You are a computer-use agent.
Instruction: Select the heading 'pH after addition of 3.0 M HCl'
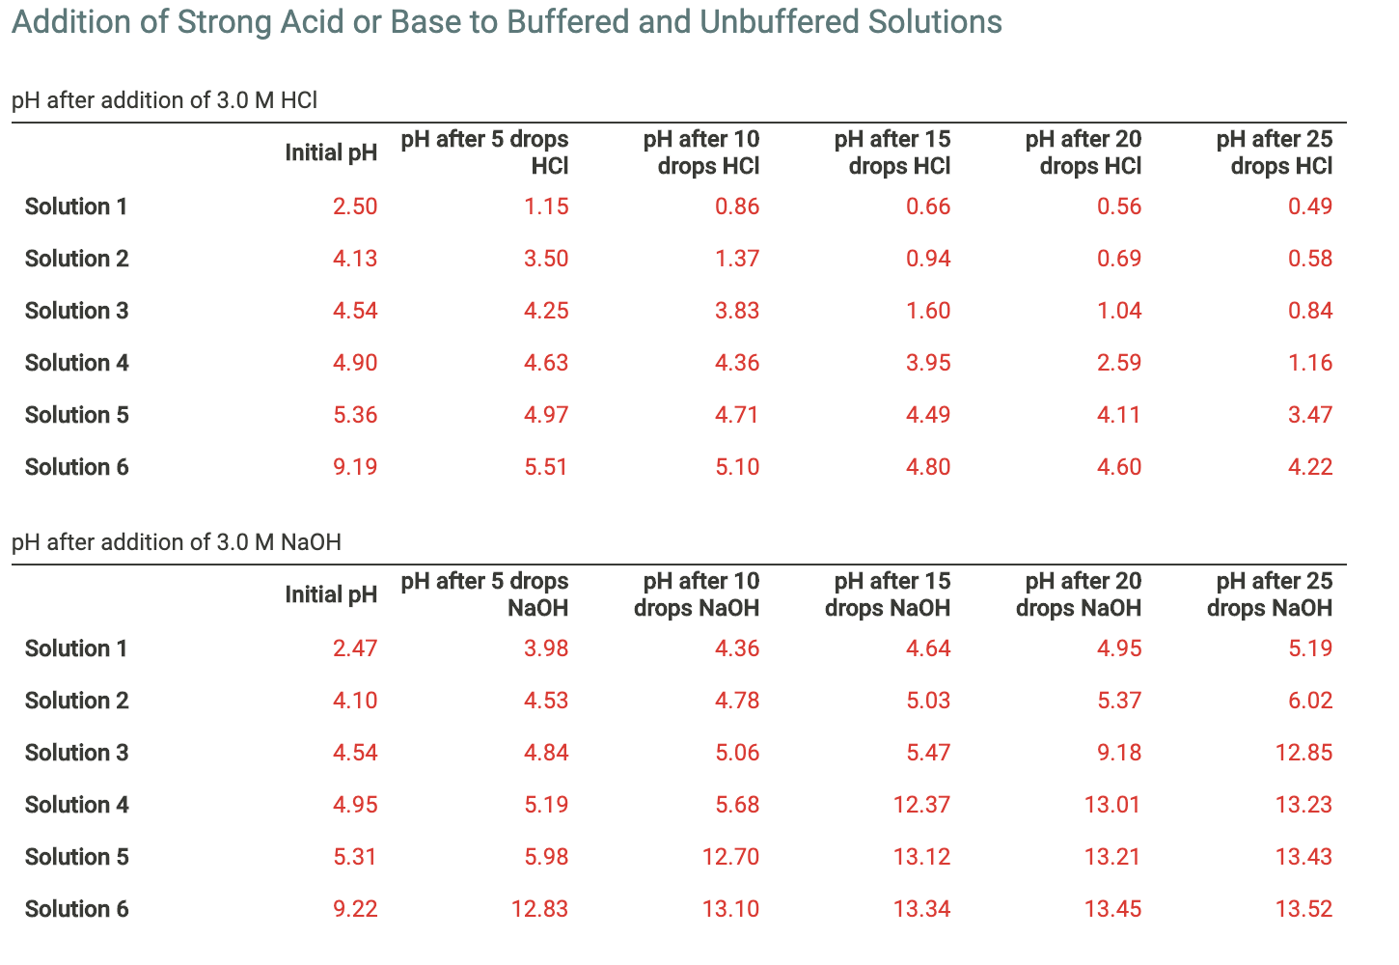click(x=165, y=100)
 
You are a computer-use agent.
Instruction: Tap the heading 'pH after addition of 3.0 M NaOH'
click(x=177, y=542)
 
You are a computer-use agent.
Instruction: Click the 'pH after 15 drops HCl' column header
click(x=892, y=152)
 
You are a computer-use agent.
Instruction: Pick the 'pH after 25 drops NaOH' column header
click(x=1271, y=594)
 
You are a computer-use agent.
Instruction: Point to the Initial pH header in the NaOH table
click(x=331, y=594)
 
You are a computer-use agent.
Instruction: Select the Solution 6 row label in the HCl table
click(x=76, y=467)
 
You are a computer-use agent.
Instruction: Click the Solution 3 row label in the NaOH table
click(x=76, y=753)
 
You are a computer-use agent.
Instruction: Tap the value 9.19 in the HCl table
click(x=355, y=467)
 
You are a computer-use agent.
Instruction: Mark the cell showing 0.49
click(x=1310, y=207)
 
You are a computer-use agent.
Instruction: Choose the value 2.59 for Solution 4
click(x=1119, y=363)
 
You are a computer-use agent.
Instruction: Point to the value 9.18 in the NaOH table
click(x=1119, y=753)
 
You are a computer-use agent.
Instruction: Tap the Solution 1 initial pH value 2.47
click(x=355, y=648)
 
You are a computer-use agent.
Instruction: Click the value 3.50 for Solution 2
click(x=546, y=259)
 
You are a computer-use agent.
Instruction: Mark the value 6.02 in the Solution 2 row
click(x=1310, y=701)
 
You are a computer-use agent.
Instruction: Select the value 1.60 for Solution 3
click(x=928, y=311)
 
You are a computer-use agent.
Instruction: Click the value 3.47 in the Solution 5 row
click(x=1310, y=415)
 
